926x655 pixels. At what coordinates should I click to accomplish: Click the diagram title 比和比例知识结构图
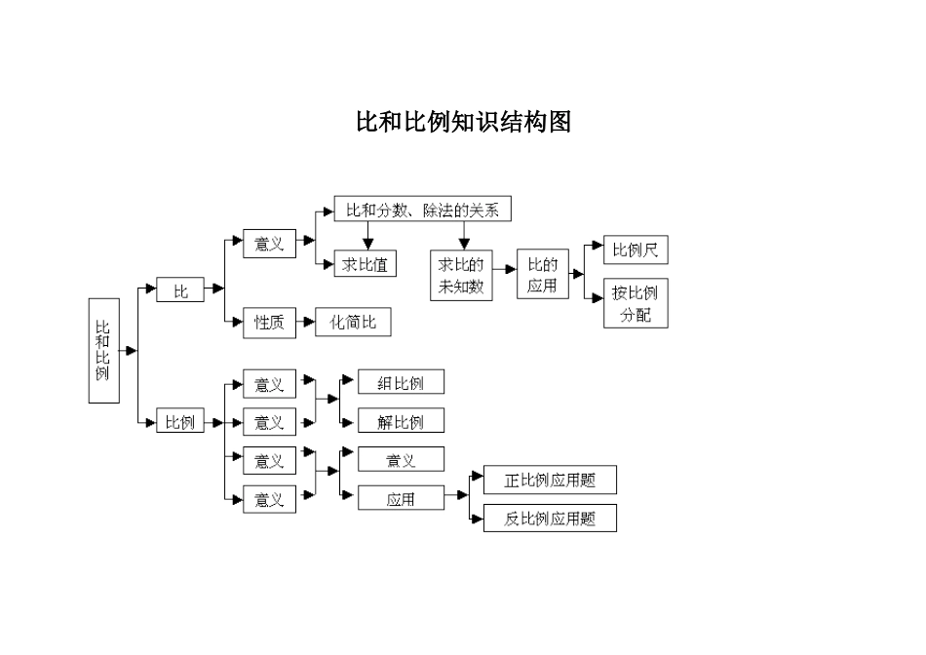463,122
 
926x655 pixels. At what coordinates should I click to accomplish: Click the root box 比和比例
103,351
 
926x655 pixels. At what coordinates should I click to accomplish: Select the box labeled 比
180,289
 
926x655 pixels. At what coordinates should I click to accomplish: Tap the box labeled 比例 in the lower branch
180,422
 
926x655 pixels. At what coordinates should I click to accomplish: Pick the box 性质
269,323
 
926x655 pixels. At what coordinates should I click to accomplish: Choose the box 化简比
353,323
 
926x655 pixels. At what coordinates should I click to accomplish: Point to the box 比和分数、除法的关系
422,209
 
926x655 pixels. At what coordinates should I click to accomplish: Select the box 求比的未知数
461,276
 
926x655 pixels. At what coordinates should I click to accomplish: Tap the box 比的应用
542,274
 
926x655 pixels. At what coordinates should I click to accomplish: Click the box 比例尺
636,250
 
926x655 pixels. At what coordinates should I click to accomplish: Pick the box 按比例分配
636,303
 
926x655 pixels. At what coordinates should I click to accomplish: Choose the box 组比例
401,382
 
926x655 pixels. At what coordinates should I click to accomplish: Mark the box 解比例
401,421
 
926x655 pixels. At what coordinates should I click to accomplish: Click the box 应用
401,498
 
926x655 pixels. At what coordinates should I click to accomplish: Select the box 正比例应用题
550,480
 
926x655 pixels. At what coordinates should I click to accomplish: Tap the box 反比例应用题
550,519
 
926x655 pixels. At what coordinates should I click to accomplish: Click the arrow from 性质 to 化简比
304,323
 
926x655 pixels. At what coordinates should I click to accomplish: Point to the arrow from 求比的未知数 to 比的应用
505,276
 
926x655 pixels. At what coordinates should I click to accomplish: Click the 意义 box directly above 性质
269,245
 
